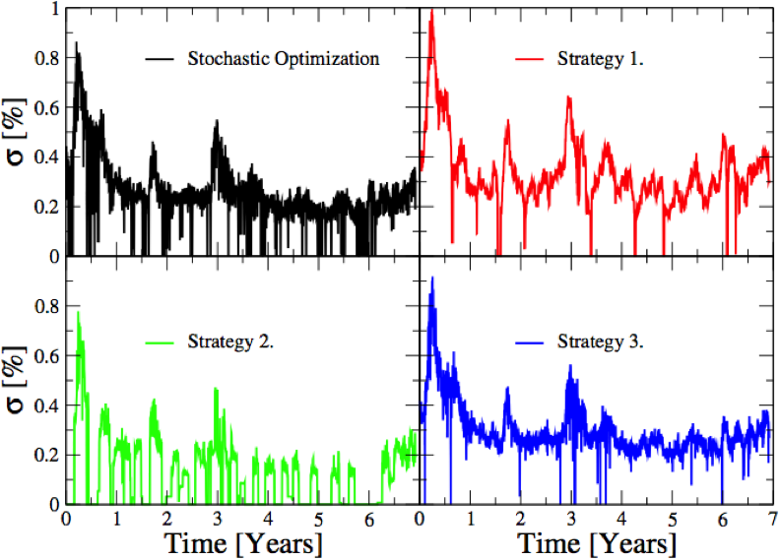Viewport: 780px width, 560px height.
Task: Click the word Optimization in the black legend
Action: [327, 59]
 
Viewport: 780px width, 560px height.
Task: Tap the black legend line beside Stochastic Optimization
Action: [160, 59]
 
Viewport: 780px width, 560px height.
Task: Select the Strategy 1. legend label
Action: [601, 59]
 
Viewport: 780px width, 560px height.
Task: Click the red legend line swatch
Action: [529, 59]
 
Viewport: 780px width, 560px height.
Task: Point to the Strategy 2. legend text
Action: [230, 342]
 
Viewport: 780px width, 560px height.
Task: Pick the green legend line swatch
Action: [160, 342]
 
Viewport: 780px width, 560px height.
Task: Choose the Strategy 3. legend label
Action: [601, 342]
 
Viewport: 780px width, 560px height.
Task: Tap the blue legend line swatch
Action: [529, 342]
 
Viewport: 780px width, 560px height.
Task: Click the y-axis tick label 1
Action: [54, 9]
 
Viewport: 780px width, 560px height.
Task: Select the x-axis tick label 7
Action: [771, 520]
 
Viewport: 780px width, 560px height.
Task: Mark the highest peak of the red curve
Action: [431, 10]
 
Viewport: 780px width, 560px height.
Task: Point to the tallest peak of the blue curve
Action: [432, 278]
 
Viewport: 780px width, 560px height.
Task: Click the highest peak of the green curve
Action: [78, 312]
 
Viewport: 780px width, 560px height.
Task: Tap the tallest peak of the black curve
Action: [76, 42]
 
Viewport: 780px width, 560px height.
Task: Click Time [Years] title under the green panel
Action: [244, 544]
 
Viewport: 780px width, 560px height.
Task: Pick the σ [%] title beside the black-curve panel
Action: [16, 132]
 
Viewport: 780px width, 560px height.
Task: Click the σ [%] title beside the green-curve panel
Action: [16, 380]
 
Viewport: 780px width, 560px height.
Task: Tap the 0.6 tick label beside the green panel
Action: [46, 356]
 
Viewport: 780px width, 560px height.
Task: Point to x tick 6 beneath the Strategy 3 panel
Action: [722, 520]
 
